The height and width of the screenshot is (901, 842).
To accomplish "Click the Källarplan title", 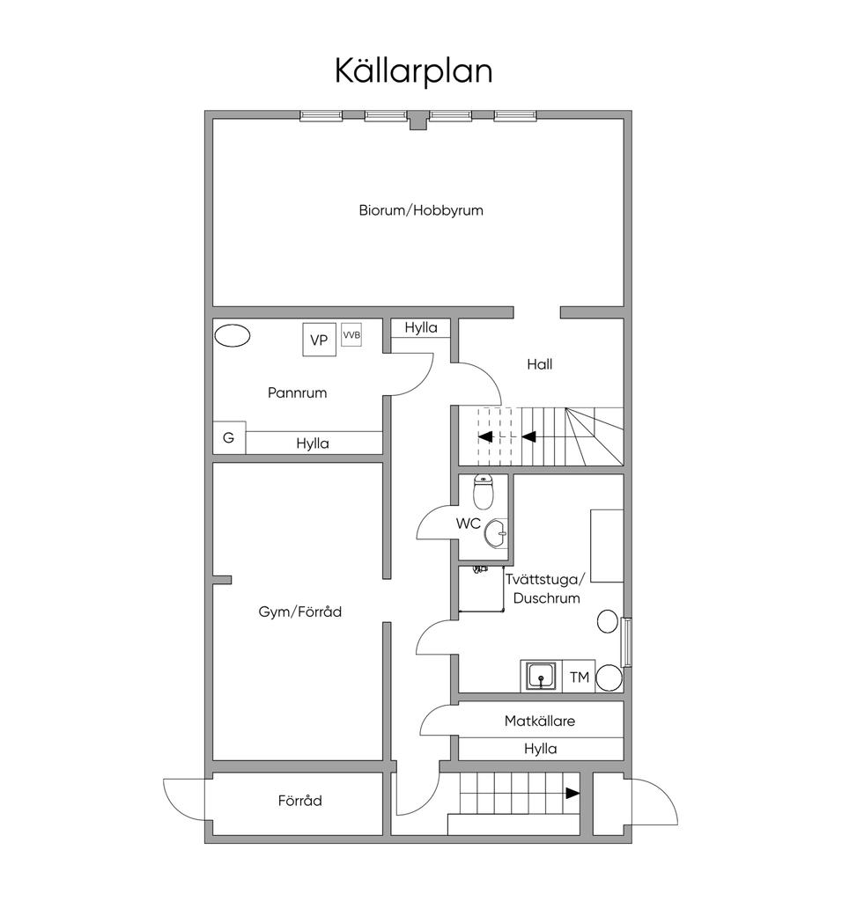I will tap(413, 70).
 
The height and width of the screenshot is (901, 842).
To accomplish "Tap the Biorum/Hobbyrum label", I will tap(420, 210).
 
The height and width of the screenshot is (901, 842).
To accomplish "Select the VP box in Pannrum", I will tap(319, 340).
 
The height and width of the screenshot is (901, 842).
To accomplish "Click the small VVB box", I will tap(351, 335).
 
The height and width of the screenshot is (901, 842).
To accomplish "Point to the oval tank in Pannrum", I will tap(233, 335).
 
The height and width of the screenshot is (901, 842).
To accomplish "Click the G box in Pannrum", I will tap(228, 437).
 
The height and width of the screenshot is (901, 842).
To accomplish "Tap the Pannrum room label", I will tap(297, 392).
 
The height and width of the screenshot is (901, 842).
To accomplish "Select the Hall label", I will tap(539, 363).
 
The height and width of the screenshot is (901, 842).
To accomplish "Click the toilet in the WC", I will tap(483, 493).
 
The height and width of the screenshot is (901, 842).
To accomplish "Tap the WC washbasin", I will tap(497, 531).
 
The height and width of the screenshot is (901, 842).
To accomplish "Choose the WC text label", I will tap(468, 524).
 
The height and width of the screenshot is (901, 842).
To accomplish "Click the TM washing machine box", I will tap(579, 677).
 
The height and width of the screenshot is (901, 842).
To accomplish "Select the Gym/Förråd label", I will tap(299, 612).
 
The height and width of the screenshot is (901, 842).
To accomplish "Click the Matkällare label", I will tap(539, 721).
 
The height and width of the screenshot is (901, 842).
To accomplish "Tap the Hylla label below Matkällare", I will tap(540, 749).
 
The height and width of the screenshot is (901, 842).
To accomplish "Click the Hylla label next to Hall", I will tap(421, 327).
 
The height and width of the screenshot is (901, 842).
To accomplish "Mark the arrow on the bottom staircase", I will tap(572, 793).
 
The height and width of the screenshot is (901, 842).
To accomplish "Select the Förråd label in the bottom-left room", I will tap(299, 801).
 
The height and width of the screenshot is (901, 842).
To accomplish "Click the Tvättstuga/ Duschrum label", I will tap(543, 589).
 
